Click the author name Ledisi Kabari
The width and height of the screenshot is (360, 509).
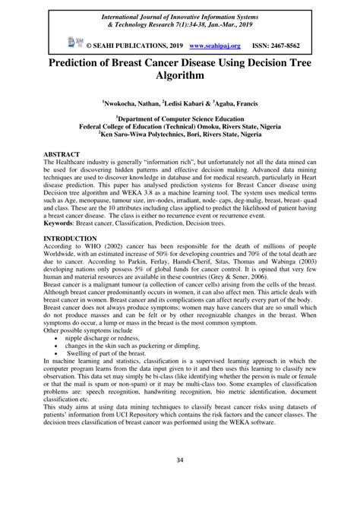(183, 100)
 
